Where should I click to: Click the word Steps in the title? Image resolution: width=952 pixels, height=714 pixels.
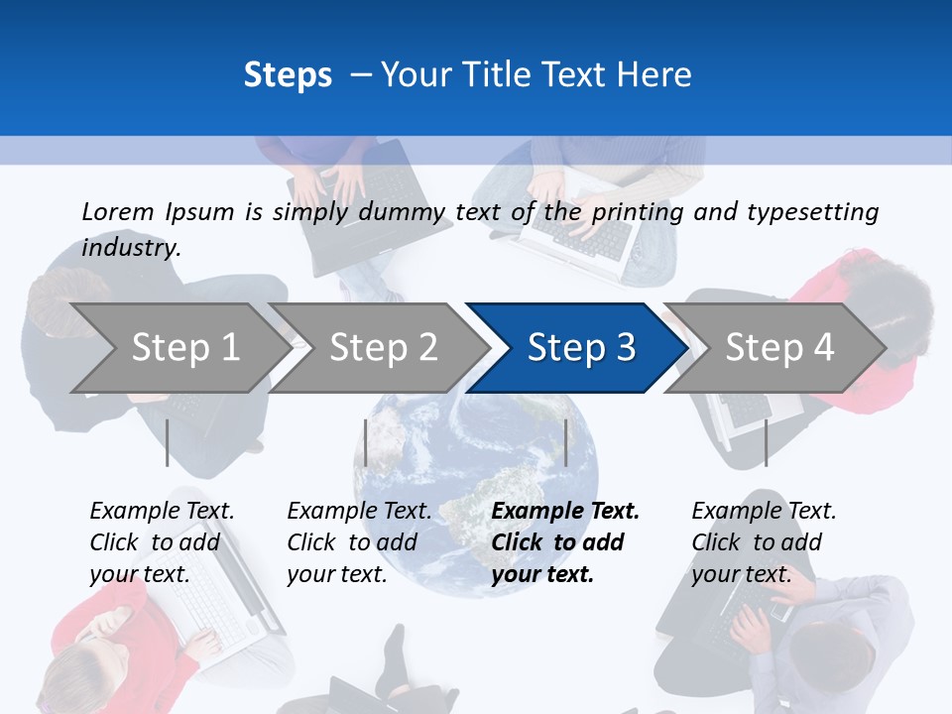tap(288, 75)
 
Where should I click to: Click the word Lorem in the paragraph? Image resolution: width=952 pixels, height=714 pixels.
tap(118, 211)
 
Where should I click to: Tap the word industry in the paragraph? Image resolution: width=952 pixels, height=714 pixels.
tap(130, 248)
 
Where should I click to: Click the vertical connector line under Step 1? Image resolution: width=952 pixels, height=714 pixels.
tap(168, 442)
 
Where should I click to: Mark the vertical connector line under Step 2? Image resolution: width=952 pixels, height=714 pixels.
tap(366, 442)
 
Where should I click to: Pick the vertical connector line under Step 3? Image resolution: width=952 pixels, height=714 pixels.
tap(566, 442)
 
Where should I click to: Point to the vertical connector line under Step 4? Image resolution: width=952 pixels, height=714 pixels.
tap(766, 442)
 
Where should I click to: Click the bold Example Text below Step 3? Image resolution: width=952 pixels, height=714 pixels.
tap(565, 512)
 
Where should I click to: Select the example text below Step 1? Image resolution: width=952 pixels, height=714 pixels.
tap(162, 541)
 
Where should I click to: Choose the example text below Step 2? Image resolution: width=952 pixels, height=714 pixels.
tap(359, 541)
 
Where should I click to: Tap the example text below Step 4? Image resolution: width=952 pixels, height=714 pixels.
tap(763, 541)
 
